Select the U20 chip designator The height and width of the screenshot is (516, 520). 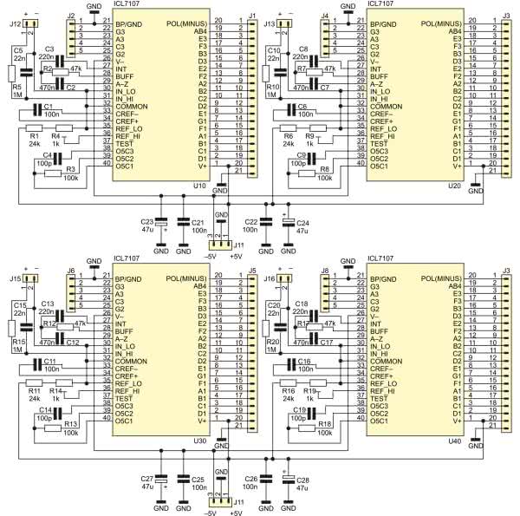pyautogui.click(x=455, y=185)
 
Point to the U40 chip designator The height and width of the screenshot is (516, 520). pyautogui.click(x=455, y=441)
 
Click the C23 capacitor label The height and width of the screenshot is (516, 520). pyautogui.click(x=147, y=222)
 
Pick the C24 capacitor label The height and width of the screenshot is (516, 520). pyautogui.click(x=303, y=222)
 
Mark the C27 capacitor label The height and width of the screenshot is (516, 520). pyautogui.click(x=147, y=479)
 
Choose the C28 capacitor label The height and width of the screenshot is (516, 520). pyautogui.click(x=303, y=479)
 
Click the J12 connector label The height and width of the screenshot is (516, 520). pyautogui.click(x=16, y=23)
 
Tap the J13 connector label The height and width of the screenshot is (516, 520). pyautogui.click(x=269, y=23)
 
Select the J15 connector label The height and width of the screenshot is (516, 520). pyautogui.click(x=16, y=278)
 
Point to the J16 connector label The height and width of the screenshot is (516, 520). pyautogui.click(x=269, y=278)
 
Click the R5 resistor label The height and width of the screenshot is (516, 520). pyautogui.click(x=17, y=87)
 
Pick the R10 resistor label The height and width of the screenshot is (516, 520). pyautogui.click(x=271, y=87)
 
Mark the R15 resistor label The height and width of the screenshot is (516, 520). pyautogui.click(x=17, y=343)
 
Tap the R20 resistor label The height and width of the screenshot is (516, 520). pyautogui.click(x=271, y=343)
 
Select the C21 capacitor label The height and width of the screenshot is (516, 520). pyautogui.click(x=198, y=222)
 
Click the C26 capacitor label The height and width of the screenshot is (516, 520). pyautogui.click(x=250, y=479)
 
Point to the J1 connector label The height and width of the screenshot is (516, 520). pyautogui.click(x=251, y=16)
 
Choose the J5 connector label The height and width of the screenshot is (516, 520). pyautogui.click(x=251, y=271)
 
